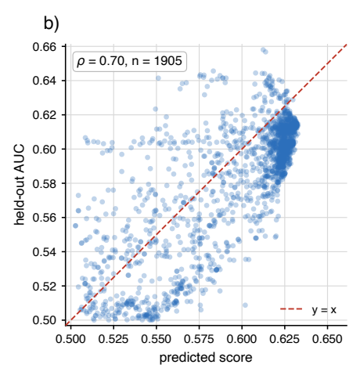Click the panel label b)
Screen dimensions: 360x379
point(52,23)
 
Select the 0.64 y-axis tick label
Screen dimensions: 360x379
point(45,81)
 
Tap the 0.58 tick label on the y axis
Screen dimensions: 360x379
point(45,183)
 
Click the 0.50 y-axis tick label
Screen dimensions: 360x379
point(45,320)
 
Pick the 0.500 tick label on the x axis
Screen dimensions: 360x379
point(70,339)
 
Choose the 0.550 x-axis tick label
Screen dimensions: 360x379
point(157,339)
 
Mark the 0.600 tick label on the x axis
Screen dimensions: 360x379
point(242,339)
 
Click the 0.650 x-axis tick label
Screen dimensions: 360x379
point(328,339)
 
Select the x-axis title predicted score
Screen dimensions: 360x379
point(206,358)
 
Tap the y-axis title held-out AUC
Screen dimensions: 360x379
point(20,185)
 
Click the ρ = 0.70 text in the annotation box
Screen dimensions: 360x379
point(100,61)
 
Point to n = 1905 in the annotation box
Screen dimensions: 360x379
point(157,61)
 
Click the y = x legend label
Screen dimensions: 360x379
point(324,310)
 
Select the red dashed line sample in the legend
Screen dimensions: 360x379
point(291,309)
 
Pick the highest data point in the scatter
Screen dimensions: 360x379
point(263,50)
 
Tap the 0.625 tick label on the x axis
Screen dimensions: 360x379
point(285,339)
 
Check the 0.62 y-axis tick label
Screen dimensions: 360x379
point(45,115)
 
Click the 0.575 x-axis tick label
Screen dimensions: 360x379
point(199,339)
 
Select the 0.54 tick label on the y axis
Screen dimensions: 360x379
point(45,252)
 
